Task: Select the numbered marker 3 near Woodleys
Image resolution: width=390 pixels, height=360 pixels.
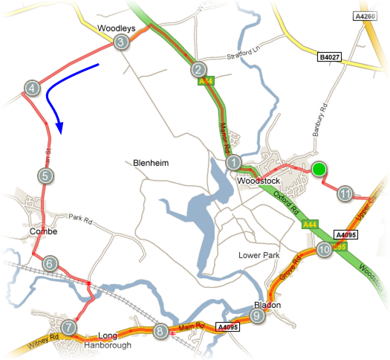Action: tap(120, 43)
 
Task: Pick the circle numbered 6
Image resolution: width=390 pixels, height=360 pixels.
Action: tap(50, 263)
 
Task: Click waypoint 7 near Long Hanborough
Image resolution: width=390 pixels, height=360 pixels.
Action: tap(69, 327)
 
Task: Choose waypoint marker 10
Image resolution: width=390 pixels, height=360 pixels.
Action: tap(324, 251)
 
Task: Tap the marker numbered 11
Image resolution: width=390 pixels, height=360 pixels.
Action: tap(345, 194)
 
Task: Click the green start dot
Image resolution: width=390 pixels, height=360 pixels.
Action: tap(319, 170)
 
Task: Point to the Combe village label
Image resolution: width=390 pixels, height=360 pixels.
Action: tap(44, 232)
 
